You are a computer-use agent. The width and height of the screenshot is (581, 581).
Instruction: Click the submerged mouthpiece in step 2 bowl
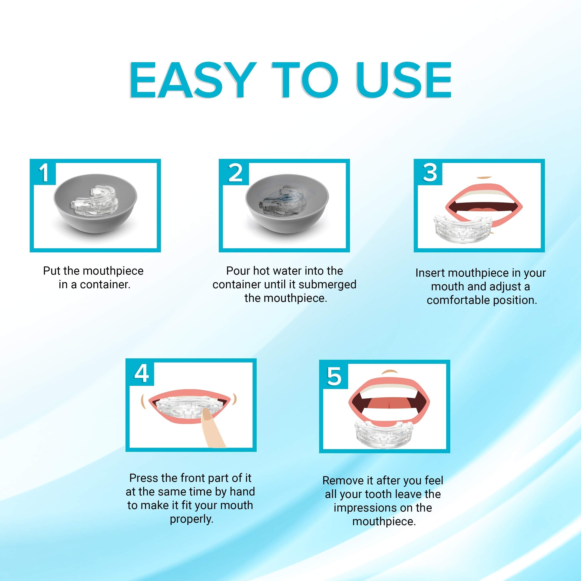click(x=283, y=201)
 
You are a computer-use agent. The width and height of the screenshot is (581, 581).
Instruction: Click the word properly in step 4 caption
click(x=192, y=519)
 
